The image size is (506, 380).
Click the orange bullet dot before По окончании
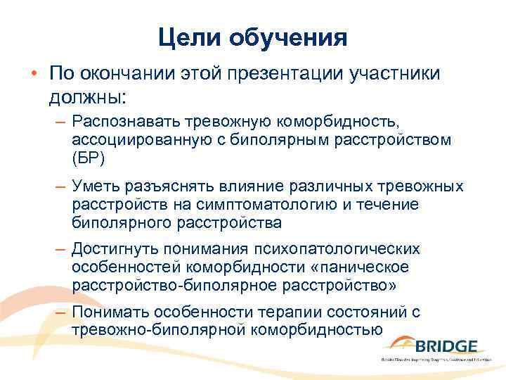tap(32, 74)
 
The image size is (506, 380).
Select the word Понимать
tap(112, 312)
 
